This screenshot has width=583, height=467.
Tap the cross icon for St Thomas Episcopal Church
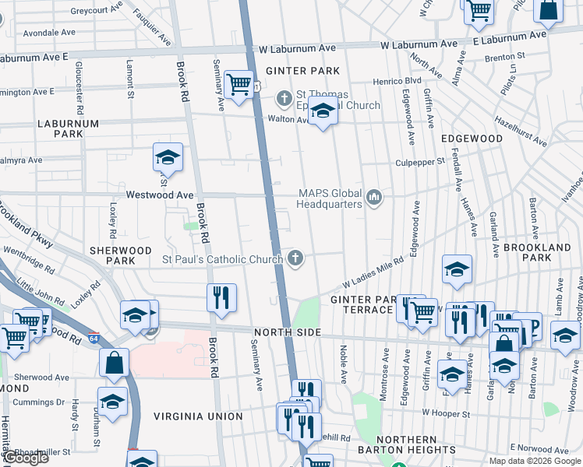pos(284,99)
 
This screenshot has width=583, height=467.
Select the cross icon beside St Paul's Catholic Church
pos(295,258)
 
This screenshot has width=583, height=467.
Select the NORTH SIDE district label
pos(287,332)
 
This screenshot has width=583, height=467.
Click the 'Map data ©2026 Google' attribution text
pos(534,461)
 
